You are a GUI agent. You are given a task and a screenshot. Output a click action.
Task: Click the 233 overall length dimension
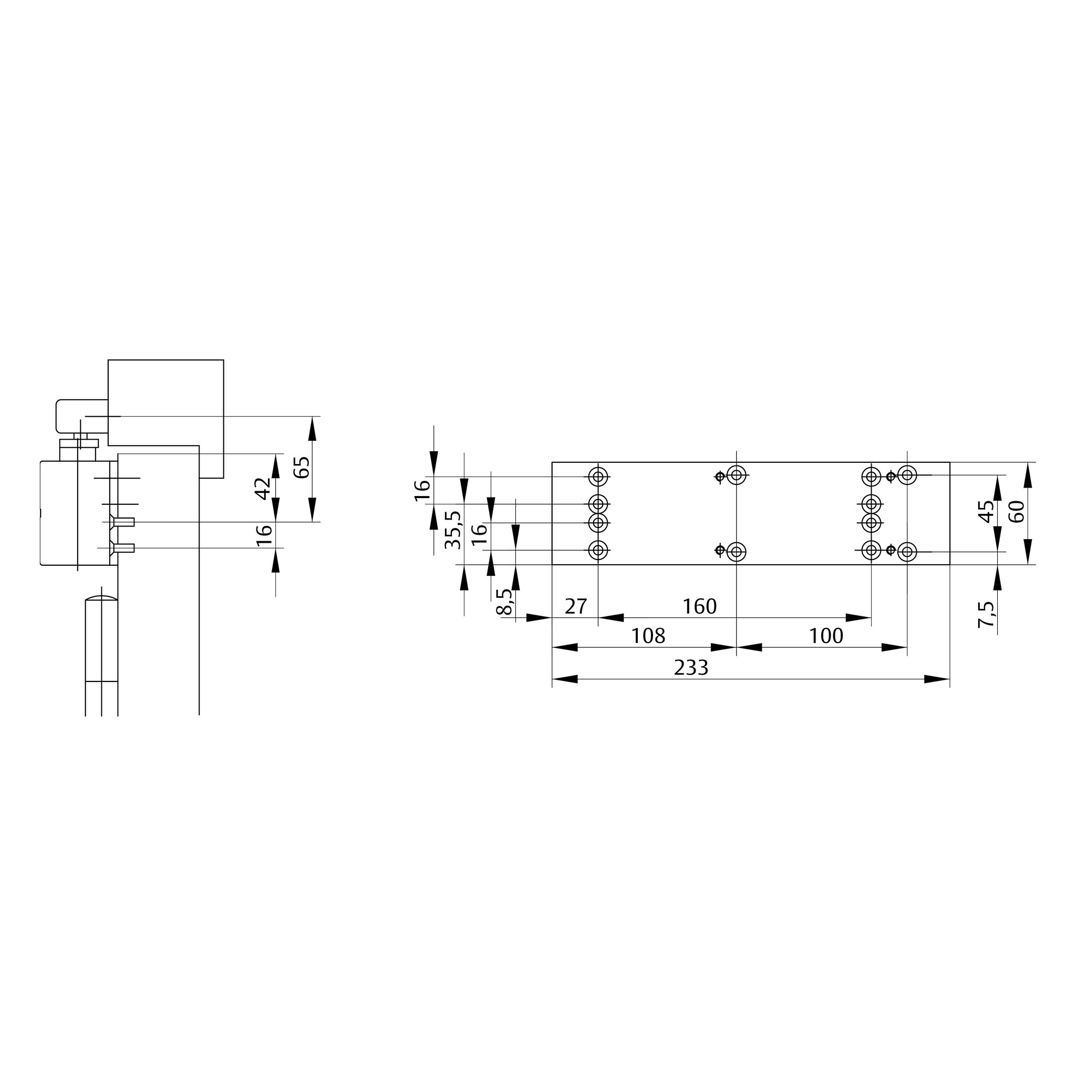coord(691,667)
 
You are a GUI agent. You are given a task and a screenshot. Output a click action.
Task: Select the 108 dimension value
coord(648,636)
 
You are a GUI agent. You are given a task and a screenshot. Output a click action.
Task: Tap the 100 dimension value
coord(826,636)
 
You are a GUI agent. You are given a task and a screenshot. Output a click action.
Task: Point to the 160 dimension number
coord(699,606)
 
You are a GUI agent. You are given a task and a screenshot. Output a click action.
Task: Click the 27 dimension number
coord(576,606)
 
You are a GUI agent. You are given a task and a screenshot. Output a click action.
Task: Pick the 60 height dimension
coord(1017,511)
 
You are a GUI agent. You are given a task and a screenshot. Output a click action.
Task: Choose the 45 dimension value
coord(986,511)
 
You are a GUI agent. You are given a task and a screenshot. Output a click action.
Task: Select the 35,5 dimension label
coord(454,530)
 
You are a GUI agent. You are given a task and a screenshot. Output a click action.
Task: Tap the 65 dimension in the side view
coord(301,467)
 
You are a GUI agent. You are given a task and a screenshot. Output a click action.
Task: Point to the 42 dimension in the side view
coord(263,489)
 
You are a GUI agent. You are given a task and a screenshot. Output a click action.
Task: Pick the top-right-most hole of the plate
coord(908,475)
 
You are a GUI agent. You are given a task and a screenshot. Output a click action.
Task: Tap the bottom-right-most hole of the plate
coord(908,552)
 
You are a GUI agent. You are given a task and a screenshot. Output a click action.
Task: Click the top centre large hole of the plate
coord(737,475)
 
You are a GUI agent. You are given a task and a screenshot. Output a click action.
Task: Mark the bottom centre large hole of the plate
coord(737,552)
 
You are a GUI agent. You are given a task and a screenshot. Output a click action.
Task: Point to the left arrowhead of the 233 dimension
coord(564,679)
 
